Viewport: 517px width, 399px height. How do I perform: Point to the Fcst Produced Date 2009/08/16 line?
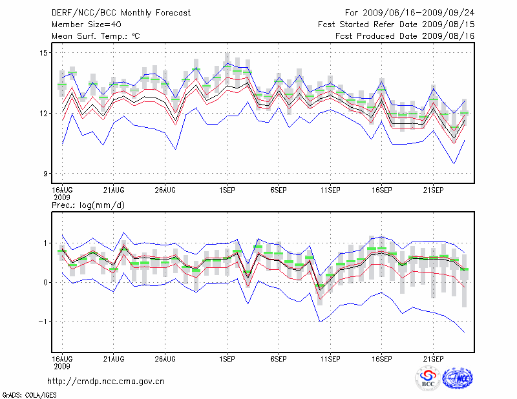pos(405,36)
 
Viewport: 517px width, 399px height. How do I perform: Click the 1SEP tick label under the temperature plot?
pos(227,191)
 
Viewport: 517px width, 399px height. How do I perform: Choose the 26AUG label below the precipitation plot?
pos(165,358)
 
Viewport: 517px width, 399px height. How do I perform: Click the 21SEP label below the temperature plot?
pos(433,191)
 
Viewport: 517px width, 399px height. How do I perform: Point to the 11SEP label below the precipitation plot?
pos(330,358)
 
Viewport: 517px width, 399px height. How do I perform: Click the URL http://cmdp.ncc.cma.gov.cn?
pos(107,381)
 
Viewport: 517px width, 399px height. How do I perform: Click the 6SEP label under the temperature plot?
pos(279,191)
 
